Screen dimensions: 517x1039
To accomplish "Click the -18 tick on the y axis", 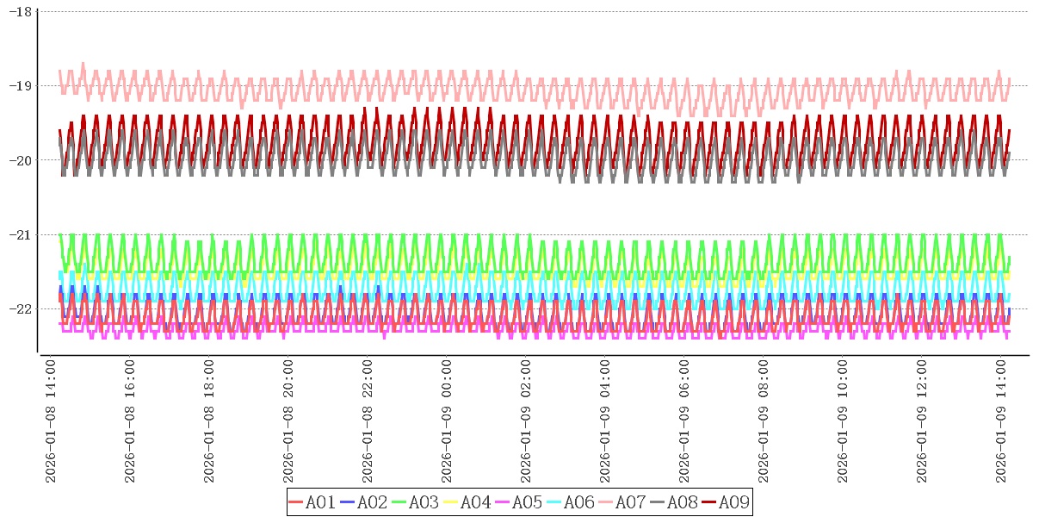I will click(x=21, y=12).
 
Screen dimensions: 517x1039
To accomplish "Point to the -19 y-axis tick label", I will click(x=21, y=86).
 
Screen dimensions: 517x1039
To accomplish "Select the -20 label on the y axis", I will click(x=21, y=160).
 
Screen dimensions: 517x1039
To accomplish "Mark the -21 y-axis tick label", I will click(x=21, y=234).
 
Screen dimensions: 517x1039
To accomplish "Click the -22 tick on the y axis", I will click(x=21, y=308).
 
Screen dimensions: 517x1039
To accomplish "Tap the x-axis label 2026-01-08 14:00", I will click(x=52, y=422).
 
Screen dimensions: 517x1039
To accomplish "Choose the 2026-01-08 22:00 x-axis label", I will click(x=368, y=422).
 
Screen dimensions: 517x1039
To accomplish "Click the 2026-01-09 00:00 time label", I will click(x=448, y=422).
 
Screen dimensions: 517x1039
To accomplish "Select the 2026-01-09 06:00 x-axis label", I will click(x=685, y=422).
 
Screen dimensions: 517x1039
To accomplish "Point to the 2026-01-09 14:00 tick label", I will click(x=1002, y=422).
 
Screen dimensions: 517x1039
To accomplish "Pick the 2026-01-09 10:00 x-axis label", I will click(x=844, y=422).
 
